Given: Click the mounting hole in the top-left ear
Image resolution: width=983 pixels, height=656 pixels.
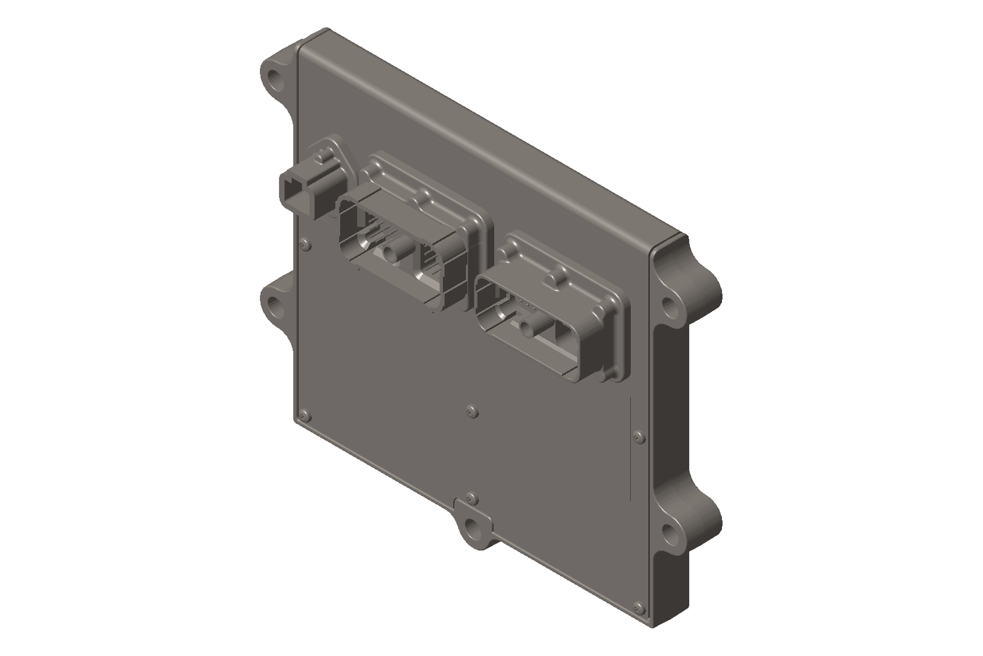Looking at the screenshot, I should click(276, 78).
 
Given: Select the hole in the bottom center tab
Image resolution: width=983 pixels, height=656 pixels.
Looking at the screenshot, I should click(472, 526).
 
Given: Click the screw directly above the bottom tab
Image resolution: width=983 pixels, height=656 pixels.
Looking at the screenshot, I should click(470, 497).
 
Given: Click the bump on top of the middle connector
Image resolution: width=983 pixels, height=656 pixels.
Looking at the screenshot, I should click(424, 199).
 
